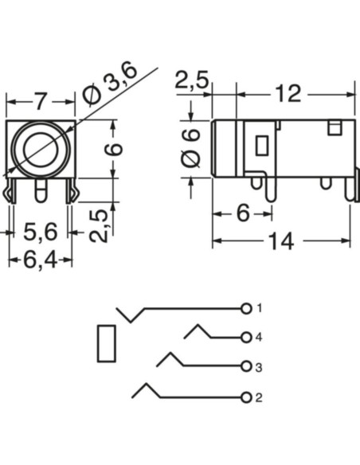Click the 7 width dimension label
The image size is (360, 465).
coord(39,102)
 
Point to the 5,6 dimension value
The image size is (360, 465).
coord(40,232)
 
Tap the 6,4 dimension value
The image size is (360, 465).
coord(40,259)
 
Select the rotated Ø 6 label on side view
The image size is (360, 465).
coord(191,147)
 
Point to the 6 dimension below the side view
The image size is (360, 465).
coord(242,213)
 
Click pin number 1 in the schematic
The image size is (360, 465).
coord(260,307)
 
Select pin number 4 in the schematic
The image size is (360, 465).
coord(260,337)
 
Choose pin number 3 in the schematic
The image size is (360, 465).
coord(260,367)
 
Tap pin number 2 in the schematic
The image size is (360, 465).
coord(260,397)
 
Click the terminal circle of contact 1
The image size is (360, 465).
coord(246,307)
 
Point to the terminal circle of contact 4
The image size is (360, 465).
coord(246,337)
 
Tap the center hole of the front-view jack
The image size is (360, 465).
coord(39,149)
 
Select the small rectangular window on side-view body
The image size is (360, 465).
coord(261,146)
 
